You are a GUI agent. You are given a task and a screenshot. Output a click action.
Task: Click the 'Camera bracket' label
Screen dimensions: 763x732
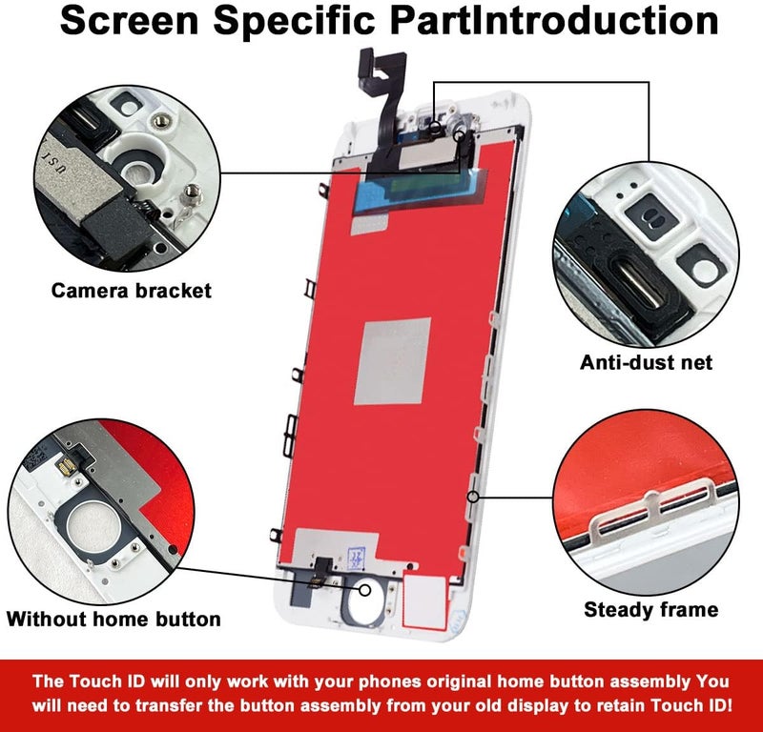coord(131,291)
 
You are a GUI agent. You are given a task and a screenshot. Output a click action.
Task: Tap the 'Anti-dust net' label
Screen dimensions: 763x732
coord(647,362)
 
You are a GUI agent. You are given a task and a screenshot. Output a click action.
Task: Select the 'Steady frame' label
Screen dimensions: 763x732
coord(651,609)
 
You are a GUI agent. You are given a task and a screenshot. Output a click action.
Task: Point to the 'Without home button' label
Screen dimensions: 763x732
coord(113,620)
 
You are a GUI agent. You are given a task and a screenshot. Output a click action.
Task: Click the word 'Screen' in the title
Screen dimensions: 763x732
coord(130,20)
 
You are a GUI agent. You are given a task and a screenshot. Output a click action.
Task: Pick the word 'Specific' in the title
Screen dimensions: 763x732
coord(294,20)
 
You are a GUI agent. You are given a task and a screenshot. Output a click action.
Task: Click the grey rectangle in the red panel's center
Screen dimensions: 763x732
coord(393,361)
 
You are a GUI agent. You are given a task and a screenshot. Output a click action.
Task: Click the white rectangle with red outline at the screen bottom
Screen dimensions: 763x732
coord(424,601)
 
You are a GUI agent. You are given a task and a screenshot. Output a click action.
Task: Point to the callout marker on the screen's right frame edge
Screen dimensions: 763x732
coord(473,497)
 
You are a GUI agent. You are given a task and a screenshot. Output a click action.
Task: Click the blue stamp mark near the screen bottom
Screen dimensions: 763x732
coord(357,558)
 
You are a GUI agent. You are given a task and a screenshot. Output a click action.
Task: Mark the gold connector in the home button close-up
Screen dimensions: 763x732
coord(66,467)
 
